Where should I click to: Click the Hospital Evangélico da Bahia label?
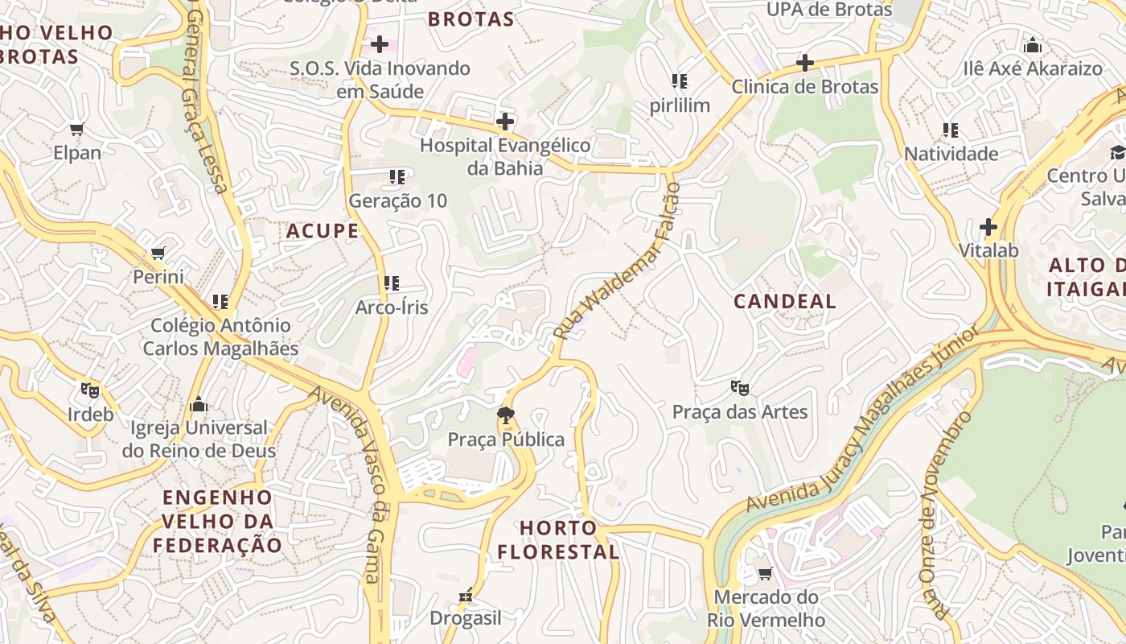pos(505,157)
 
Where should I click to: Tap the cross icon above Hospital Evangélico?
pos(505,122)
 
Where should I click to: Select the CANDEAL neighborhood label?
pos(785,302)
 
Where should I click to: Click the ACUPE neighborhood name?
pos(323,232)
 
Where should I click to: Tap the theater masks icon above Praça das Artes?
pos(740,388)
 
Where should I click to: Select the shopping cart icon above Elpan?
pos(77,130)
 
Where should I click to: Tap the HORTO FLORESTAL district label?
pos(558,540)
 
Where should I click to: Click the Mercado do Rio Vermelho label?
pos(766,609)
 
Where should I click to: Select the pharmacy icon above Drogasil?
pos(465,596)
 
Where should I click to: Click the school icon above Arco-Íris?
pos(392,283)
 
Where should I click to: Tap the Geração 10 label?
pos(397,200)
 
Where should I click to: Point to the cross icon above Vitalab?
pos(988,227)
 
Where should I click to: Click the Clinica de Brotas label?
pos(804,86)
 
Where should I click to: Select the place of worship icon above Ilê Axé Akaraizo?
pos(1033,45)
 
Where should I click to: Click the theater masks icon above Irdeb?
pos(90,390)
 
